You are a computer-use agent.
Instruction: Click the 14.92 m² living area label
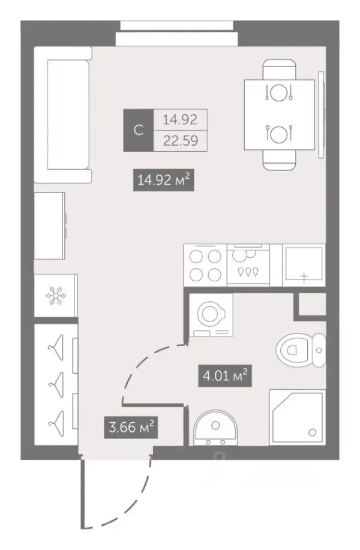[x=164, y=181]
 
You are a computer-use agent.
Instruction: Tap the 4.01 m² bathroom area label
[x=225, y=376]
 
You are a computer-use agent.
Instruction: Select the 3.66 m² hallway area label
[x=131, y=428]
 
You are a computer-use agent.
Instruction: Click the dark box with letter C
[x=139, y=130]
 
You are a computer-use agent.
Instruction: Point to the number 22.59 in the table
[x=181, y=141]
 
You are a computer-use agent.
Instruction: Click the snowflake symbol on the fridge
[x=56, y=296]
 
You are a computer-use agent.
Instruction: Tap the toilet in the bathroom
[x=301, y=350]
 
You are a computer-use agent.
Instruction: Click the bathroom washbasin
[x=215, y=427]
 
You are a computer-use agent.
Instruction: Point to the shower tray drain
[x=312, y=433]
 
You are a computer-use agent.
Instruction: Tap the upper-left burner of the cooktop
[x=196, y=257]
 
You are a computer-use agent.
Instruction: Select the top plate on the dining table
[x=279, y=92]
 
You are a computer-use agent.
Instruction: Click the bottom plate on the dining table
[x=279, y=134]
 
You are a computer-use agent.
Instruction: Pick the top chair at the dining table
[x=279, y=70]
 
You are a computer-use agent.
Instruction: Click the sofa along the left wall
[x=63, y=115]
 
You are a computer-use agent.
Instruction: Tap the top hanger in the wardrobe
[x=56, y=347]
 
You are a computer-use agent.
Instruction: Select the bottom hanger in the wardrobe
[x=56, y=423]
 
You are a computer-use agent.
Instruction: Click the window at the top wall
[x=177, y=34]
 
